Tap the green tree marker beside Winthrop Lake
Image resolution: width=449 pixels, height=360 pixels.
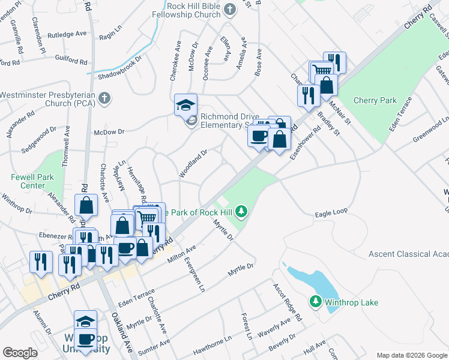tap(316, 302)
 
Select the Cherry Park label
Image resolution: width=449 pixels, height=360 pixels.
tap(375, 101)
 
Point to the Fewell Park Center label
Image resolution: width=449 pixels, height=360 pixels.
tap(28, 181)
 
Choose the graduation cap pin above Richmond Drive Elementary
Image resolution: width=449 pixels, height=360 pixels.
tap(185, 104)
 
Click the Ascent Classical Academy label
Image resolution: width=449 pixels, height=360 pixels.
tap(408, 254)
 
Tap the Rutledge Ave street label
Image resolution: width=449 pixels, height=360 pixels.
tap(68, 35)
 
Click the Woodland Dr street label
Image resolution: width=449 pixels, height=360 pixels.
tap(193, 164)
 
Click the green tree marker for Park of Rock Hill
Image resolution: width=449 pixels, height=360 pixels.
tap(241, 211)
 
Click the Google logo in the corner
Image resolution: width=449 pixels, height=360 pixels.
tap(20, 353)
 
